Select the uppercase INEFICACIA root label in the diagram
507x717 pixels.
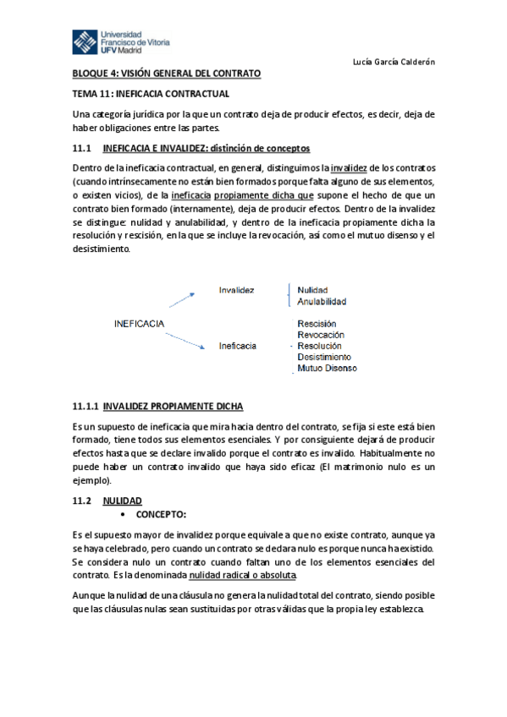pos(139,324)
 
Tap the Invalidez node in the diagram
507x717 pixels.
pos(236,289)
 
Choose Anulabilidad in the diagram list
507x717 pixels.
pos(322,301)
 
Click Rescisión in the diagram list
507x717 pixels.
pos(317,324)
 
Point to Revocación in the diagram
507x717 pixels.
pos(320,335)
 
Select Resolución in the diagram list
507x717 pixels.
pos(319,346)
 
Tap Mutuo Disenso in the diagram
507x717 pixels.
pos(327,368)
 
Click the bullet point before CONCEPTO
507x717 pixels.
pos(124,514)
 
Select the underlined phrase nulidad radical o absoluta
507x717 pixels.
pos(243,575)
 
